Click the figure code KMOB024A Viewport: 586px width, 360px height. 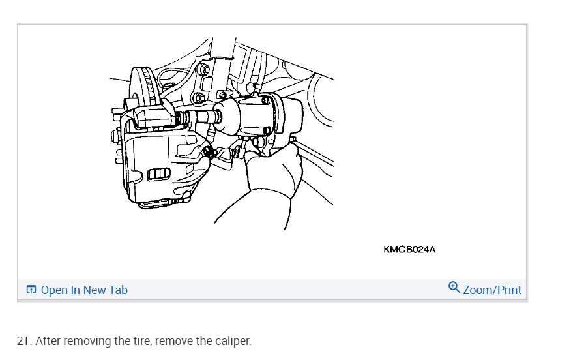tap(409, 249)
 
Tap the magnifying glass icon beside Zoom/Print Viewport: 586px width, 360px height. tap(454, 287)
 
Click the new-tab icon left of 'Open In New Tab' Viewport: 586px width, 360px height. tap(31, 290)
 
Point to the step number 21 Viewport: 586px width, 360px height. tap(23, 341)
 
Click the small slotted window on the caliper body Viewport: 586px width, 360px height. tap(159, 174)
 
